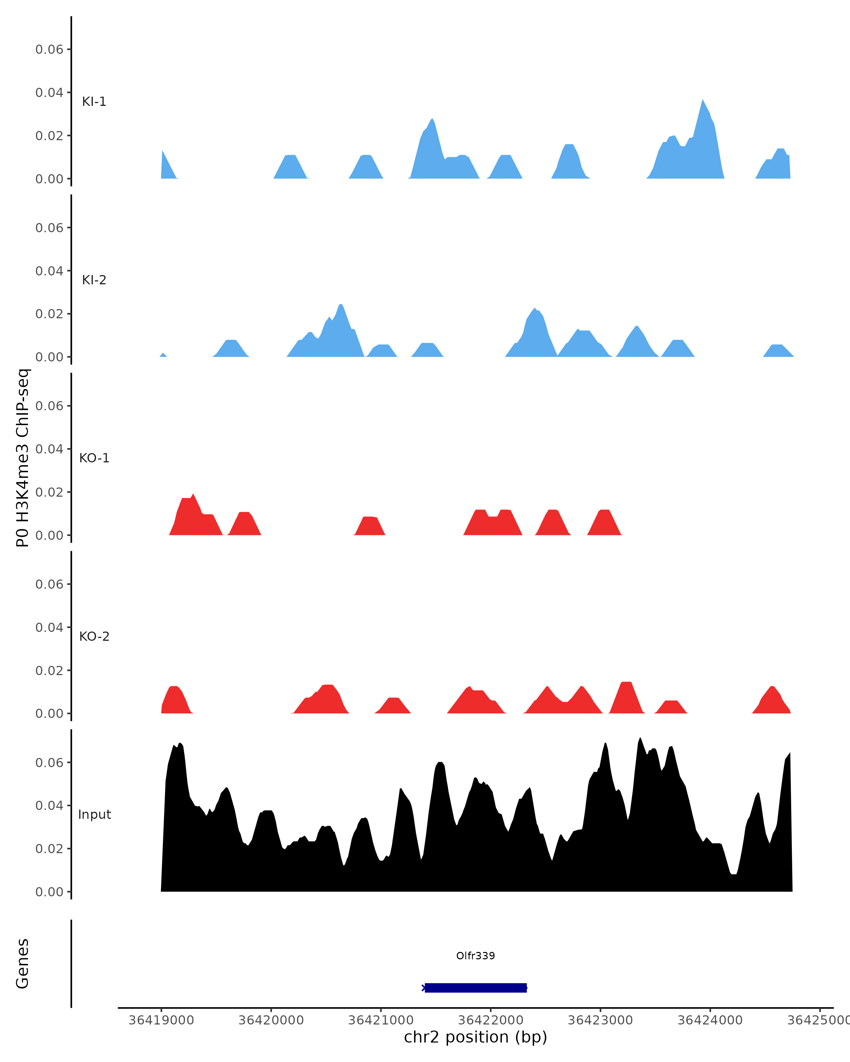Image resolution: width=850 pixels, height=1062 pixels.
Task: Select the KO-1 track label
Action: pos(94,458)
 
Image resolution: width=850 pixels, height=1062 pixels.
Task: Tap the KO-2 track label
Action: pos(94,636)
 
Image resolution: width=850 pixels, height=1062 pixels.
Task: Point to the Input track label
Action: pos(94,815)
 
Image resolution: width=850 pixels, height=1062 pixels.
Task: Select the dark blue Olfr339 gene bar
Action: pos(476,988)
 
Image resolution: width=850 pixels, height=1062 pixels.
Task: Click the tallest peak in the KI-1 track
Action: pos(703,101)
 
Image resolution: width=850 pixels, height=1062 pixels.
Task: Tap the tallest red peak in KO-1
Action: pos(193,495)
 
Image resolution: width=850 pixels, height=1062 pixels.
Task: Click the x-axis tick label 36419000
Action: pos(161,1020)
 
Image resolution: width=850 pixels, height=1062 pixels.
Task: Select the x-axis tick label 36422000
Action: pos(490,1020)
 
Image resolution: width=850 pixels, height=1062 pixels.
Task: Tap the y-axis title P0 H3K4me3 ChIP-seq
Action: pos(23,458)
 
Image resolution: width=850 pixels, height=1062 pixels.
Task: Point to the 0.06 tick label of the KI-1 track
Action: pos(49,49)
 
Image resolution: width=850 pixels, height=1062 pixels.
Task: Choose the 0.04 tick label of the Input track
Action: pos(49,805)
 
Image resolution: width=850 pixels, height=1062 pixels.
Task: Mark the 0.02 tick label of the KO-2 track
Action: pos(49,670)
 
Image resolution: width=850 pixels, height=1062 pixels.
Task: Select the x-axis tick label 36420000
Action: pos(271,1020)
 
